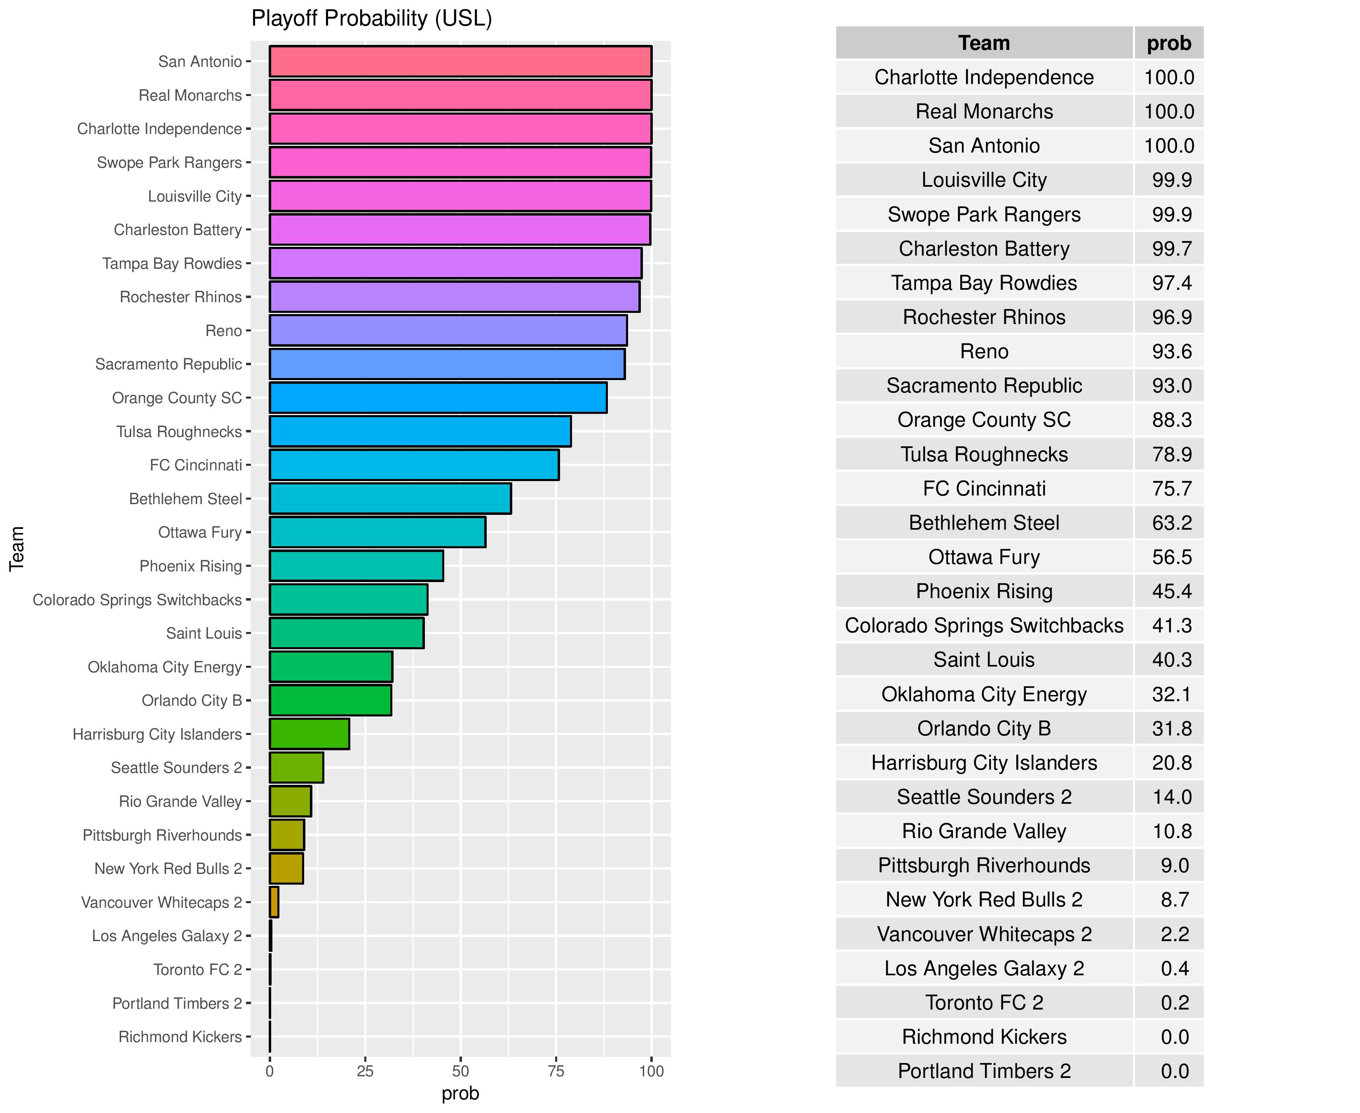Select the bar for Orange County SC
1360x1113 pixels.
coord(438,397)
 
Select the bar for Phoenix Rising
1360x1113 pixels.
coord(356,566)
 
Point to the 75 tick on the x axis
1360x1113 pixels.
coord(556,1071)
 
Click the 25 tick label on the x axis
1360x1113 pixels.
coord(365,1071)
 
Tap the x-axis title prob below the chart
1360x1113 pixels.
coord(460,1094)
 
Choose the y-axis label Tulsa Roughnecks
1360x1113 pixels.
coord(179,432)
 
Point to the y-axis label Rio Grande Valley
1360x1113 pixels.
coord(180,801)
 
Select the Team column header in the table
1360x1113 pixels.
coord(984,43)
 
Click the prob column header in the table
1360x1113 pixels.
coord(1168,43)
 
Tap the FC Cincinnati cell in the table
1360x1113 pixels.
coord(984,488)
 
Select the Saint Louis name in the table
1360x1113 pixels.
coord(984,660)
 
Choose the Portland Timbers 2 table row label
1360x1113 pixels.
coord(984,1071)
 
